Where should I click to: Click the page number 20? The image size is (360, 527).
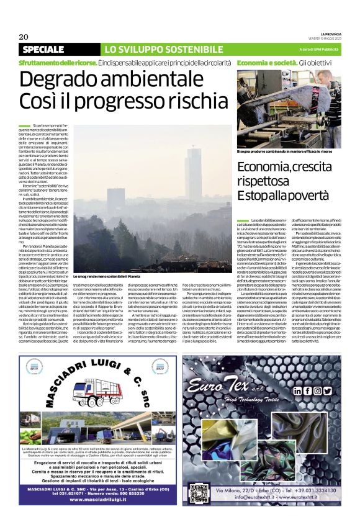[x=23, y=37]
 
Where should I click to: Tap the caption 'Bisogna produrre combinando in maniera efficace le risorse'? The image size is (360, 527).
[x=283, y=151]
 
